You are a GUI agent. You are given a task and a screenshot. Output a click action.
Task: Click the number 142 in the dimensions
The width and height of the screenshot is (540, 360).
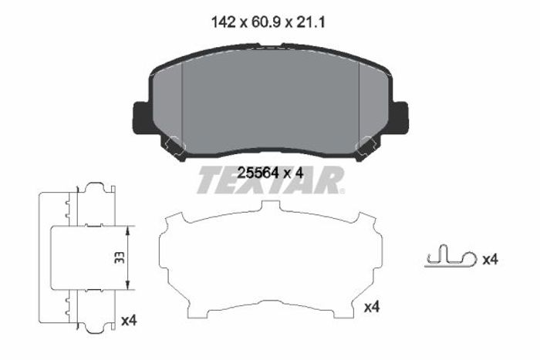click(223, 22)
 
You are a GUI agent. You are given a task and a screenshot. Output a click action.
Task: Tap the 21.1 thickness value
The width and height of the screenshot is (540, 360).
click(310, 22)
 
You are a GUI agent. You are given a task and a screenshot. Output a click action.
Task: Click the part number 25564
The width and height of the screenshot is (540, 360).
click(258, 173)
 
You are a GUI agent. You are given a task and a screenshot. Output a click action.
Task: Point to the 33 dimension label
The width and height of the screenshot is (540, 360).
click(119, 257)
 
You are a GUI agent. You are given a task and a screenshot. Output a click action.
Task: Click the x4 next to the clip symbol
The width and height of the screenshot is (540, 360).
click(490, 260)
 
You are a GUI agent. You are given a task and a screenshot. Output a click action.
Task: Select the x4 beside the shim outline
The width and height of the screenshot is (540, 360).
click(372, 307)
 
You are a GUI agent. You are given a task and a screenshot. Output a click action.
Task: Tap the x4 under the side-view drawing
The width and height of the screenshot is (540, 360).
click(129, 321)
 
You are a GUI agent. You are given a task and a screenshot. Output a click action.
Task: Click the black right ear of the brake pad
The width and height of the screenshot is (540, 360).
click(400, 117)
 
